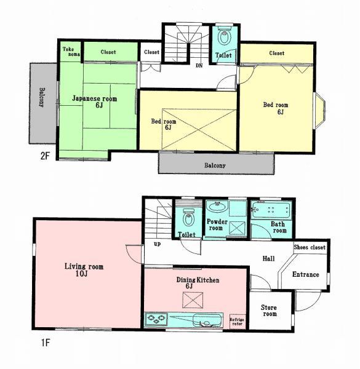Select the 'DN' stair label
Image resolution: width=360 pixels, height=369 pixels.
[x=199, y=65]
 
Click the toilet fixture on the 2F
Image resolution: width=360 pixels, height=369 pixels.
[x=224, y=38]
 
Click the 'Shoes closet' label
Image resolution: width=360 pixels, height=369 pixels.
[x=309, y=247]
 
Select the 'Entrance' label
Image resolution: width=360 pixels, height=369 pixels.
[x=305, y=274]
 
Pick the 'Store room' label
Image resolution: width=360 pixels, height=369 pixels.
[x=269, y=309]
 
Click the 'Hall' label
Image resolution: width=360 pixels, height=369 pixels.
[x=268, y=258]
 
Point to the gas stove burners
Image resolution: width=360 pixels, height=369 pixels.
[x=156, y=319]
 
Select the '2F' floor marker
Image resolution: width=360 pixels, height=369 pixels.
[x=45, y=156]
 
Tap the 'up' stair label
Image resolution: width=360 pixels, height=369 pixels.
[x=158, y=244]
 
